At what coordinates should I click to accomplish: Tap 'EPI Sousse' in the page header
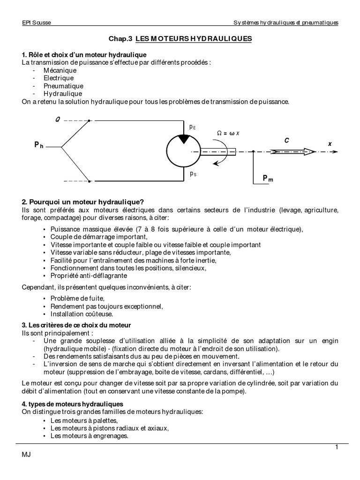coord(37,23)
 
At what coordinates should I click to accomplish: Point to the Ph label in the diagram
coord(39,146)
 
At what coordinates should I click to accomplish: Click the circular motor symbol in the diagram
coord(183,150)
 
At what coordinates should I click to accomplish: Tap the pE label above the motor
coord(193,127)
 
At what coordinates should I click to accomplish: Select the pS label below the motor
coord(193,173)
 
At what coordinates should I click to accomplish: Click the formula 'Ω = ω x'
coord(228,133)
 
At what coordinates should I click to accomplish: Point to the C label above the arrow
coord(286,141)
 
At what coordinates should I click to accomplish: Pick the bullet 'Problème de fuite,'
coord(77,299)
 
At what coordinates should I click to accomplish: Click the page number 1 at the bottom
coord(337,447)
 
